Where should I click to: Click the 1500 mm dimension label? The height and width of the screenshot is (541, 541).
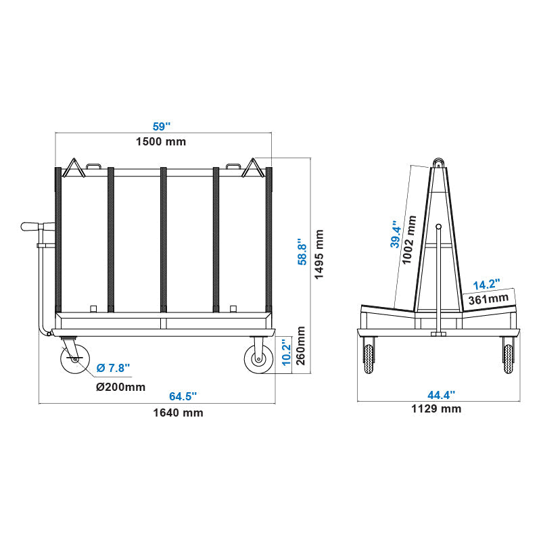161,141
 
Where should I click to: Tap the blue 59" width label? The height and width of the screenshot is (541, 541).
161,126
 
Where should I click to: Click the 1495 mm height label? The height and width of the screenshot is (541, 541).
319,254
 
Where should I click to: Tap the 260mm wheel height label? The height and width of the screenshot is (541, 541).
302,346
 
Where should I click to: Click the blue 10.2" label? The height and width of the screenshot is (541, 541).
286,350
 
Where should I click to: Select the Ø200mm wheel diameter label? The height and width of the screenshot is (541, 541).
120,387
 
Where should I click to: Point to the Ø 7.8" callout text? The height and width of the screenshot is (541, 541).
113,368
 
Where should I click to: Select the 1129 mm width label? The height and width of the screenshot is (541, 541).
436,408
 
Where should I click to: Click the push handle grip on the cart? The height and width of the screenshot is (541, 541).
31,227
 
